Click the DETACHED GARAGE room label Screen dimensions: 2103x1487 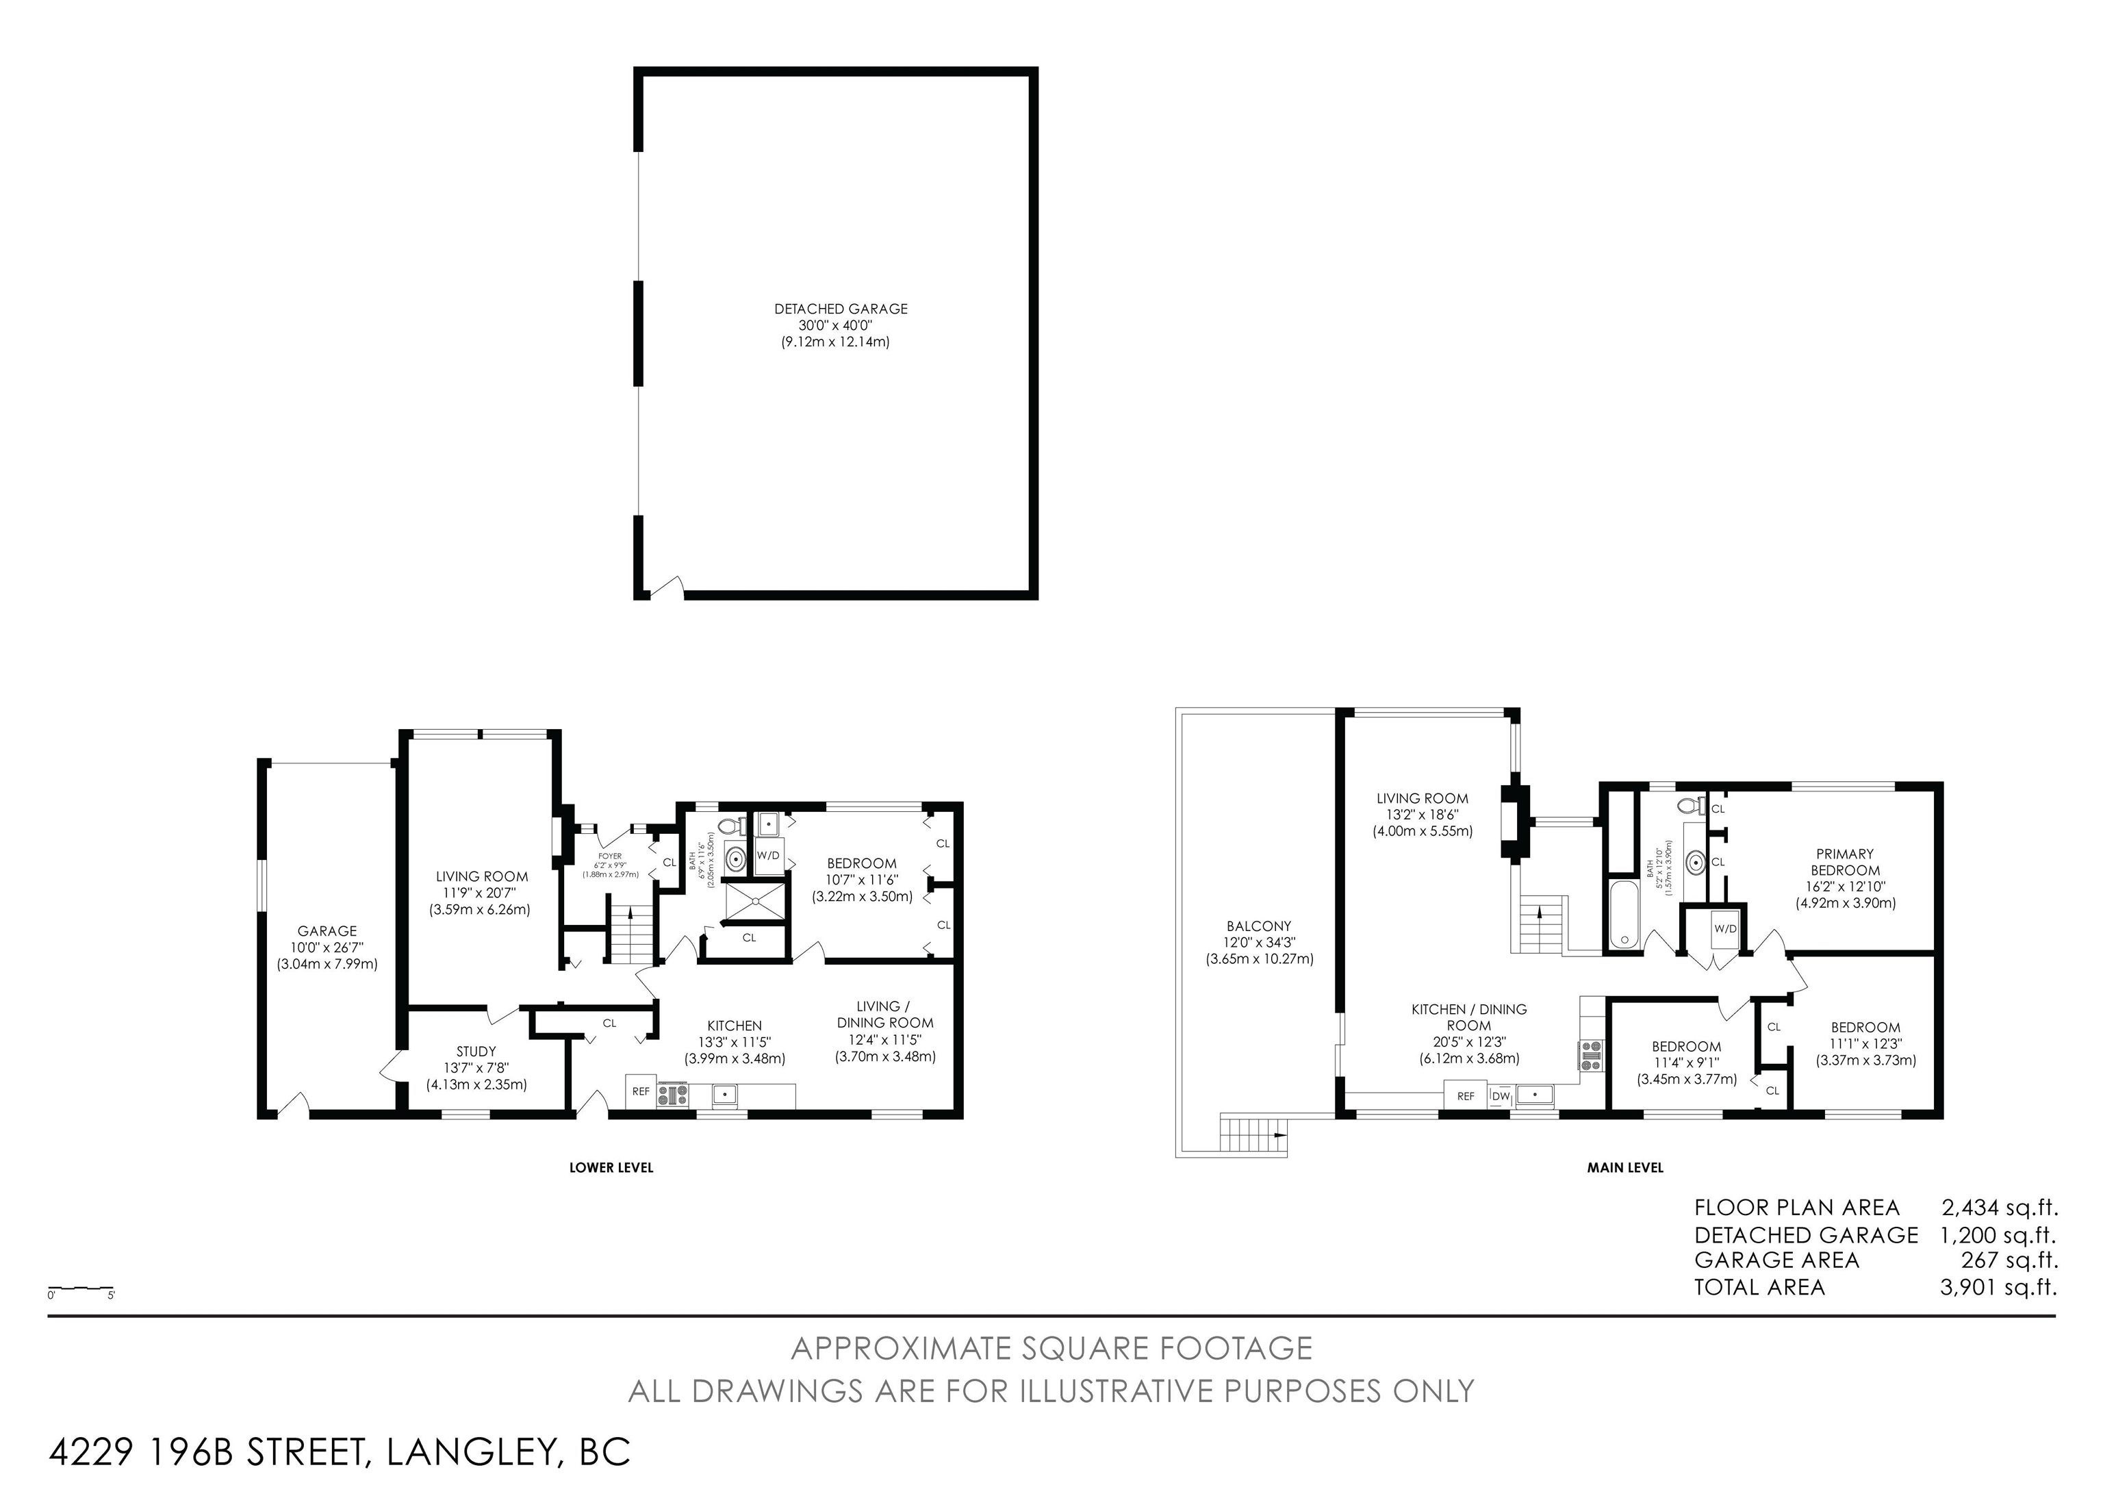(x=841, y=309)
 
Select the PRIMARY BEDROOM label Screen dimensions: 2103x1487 (x=1845, y=862)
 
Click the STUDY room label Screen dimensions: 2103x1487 (x=476, y=1052)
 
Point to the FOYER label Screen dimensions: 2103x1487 (x=610, y=856)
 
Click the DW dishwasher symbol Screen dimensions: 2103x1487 (x=1501, y=1096)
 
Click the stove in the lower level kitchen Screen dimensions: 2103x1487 (x=672, y=1095)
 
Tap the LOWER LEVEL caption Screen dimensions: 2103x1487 (x=611, y=1167)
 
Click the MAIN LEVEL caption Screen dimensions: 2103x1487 (x=1625, y=1167)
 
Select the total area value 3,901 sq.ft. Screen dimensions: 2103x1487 (x=1998, y=1287)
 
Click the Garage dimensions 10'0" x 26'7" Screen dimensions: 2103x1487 (x=327, y=948)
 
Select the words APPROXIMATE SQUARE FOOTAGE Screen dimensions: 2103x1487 (x=1051, y=1348)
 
